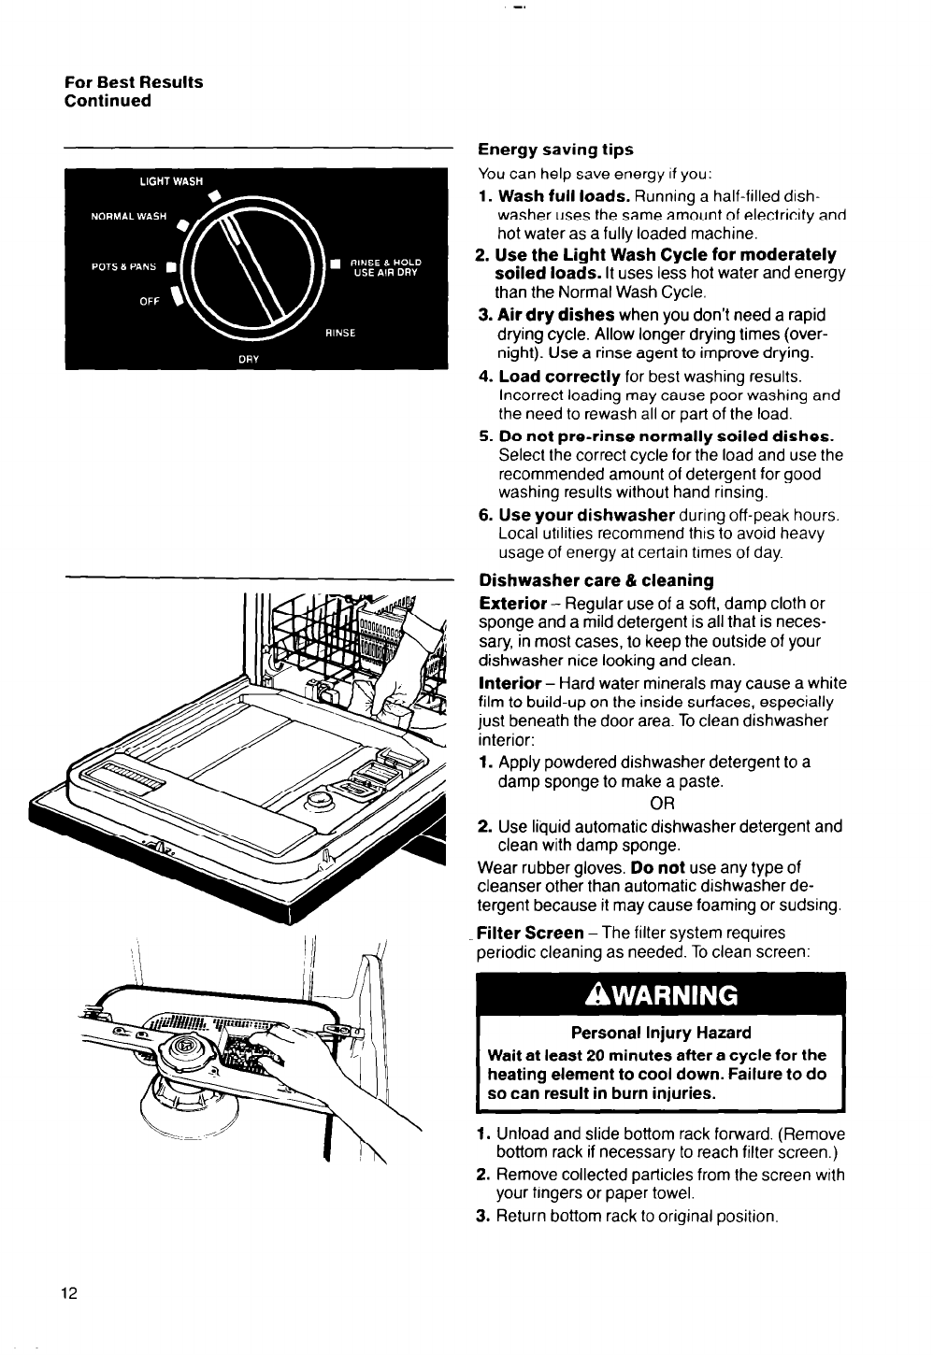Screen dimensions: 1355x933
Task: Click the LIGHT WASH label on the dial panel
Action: coord(171,181)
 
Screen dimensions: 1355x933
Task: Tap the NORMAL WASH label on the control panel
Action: coord(128,218)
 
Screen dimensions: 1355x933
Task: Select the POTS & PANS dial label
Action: coord(123,265)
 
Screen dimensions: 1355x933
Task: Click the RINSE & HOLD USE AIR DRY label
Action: coord(385,268)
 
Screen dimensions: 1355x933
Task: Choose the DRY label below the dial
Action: coord(249,358)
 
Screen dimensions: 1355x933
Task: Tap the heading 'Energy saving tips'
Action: coord(555,150)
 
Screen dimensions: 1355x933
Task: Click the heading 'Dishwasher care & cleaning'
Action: coord(596,580)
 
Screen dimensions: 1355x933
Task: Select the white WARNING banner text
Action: coord(661,995)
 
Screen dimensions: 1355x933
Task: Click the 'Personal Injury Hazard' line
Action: coord(661,1033)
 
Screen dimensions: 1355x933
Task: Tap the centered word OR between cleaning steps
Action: coord(661,804)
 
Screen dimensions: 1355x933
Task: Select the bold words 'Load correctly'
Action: coord(559,377)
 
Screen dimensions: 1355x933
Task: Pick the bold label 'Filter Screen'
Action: coord(530,933)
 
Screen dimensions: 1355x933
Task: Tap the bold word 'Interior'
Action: coord(510,683)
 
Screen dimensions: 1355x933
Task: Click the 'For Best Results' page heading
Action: coord(134,82)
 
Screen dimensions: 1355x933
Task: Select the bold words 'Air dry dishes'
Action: coord(556,315)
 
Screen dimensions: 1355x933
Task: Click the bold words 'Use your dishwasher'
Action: coord(586,515)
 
